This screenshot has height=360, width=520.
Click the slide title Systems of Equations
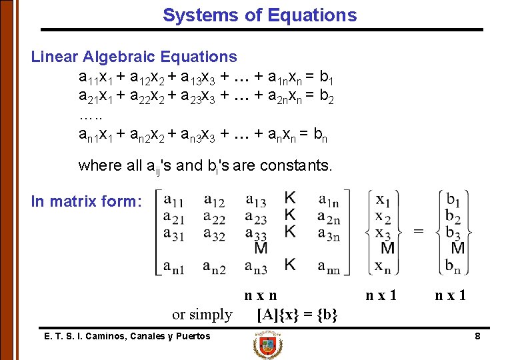pos(260,15)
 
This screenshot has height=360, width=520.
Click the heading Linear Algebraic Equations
pos(134,57)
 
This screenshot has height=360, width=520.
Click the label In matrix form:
pos(87,201)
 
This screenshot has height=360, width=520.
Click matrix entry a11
pos(174,200)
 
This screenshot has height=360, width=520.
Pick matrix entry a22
pos(214,217)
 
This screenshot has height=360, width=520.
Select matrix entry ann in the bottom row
pos(329,267)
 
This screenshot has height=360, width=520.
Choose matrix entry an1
pos(174,267)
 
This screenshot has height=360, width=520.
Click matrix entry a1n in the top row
pos(329,200)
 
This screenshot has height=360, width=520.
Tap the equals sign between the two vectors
pos(419,231)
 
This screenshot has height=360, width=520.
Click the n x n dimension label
pos(261,295)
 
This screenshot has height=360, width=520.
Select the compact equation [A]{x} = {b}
pos(297,314)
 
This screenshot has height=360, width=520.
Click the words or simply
pos(202,314)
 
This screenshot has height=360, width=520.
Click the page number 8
pos(477,337)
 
